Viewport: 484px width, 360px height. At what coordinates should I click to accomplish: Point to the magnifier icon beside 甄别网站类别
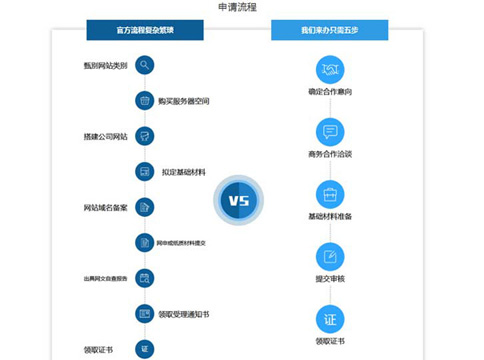click(145, 66)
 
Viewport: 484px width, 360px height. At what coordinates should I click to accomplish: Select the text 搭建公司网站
click(105, 136)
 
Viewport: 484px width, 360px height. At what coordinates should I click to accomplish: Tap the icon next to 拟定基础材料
click(145, 172)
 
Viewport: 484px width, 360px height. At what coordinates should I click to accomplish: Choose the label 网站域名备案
click(105, 207)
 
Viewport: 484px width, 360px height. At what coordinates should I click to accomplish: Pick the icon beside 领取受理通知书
click(145, 314)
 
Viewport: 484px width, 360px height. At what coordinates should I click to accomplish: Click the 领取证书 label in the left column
click(98, 349)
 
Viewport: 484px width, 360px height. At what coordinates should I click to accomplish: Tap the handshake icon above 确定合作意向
click(330, 70)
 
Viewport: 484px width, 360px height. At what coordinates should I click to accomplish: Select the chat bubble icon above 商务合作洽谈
click(330, 132)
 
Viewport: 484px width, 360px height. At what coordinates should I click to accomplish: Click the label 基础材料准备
click(330, 217)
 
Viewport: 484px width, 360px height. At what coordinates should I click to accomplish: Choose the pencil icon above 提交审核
click(330, 256)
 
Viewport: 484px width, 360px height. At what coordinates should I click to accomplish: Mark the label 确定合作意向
click(330, 92)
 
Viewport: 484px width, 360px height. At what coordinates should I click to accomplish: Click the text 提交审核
click(330, 279)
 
